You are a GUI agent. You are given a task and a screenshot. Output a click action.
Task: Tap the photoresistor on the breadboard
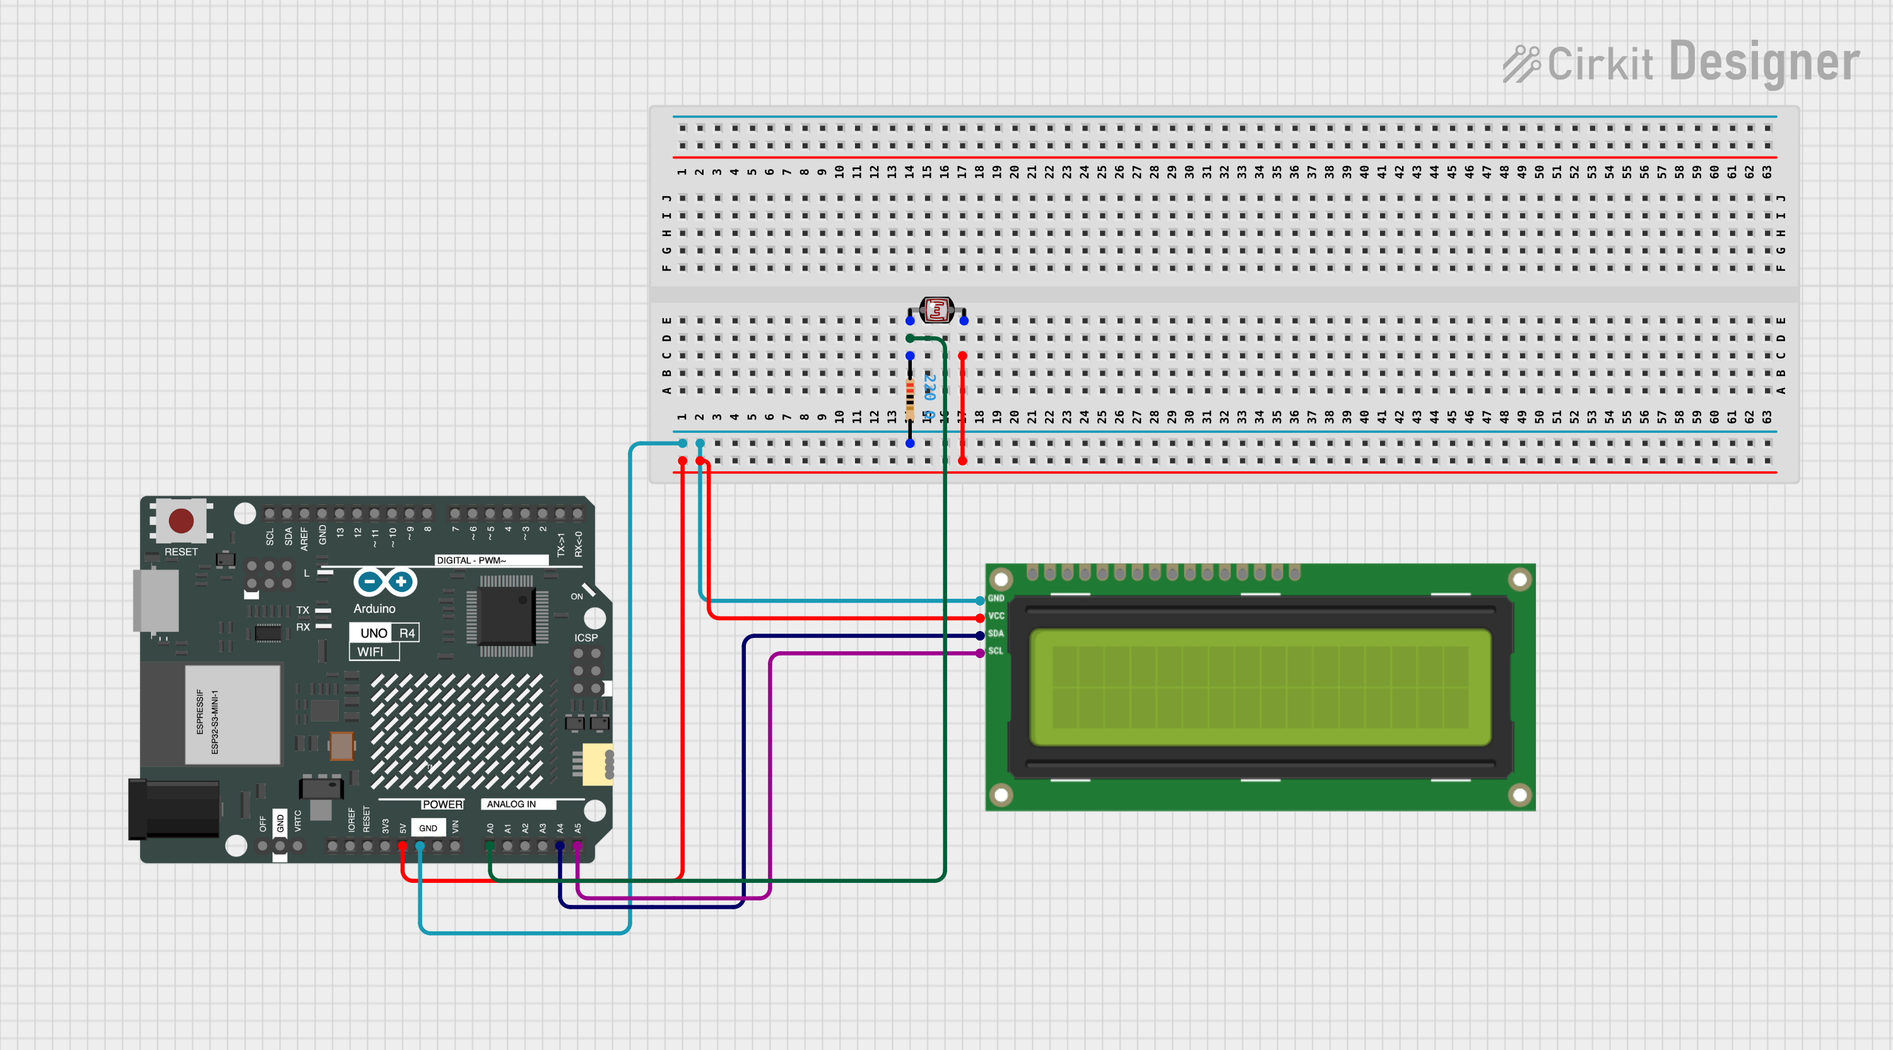pyautogui.click(x=937, y=310)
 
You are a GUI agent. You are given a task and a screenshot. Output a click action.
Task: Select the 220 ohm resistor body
pyautogui.click(x=910, y=398)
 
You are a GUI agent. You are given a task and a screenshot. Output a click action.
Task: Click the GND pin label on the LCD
pyautogui.click(x=996, y=598)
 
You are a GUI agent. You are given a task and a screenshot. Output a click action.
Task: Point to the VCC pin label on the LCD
pyautogui.click(x=996, y=616)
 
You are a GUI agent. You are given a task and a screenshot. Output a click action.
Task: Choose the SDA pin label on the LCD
pyautogui.click(x=996, y=634)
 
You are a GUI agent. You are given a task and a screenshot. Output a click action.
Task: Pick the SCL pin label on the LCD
pyautogui.click(x=996, y=651)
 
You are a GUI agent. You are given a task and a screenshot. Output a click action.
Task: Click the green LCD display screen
pyautogui.click(x=1259, y=687)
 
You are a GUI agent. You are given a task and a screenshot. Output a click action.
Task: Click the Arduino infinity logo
pyautogui.click(x=385, y=582)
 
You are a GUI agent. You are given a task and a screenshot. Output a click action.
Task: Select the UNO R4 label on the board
pyautogui.click(x=384, y=633)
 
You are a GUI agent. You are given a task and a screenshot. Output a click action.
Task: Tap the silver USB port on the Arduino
pyautogui.click(x=155, y=599)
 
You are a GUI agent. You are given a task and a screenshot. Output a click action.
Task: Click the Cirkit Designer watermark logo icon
pyautogui.click(x=1521, y=64)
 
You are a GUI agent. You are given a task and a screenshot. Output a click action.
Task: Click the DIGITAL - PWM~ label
pyautogui.click(x=471, y=560)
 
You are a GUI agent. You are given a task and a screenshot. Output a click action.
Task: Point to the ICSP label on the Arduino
pyautogui.click(x=586, y=638)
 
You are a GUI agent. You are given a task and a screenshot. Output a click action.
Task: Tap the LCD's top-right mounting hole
pyautogui.click(x=1519, y=580)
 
